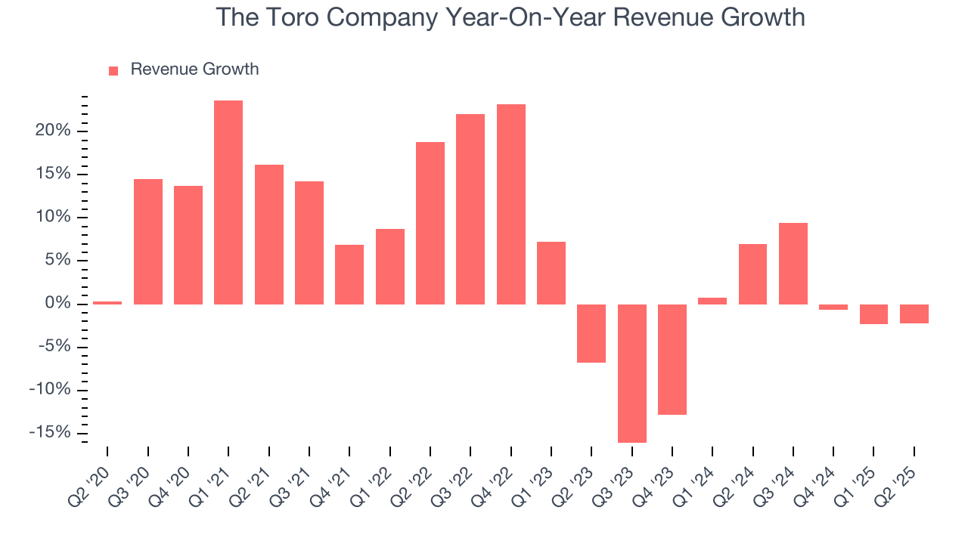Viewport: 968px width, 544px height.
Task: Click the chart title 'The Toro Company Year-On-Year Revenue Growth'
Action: pos(510,17)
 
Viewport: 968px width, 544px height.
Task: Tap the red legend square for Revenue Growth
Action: pos(113,70)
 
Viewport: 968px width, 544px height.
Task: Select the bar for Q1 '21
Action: pos(228,202)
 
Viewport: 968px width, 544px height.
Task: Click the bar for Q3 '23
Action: pos(632,373)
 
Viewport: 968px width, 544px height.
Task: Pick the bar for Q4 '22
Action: pos(511,204)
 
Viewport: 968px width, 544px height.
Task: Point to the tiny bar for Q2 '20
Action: pos(107,303)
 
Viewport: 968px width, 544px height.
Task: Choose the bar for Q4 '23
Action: pos(672,360)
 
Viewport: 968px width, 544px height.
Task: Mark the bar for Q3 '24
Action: pos(793,264)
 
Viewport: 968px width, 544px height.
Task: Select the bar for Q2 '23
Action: pos(591,333)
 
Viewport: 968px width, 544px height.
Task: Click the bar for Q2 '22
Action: pos(430,223)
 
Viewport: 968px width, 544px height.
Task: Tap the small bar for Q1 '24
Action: pos(712,301)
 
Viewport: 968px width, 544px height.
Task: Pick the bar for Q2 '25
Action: pos(914,314)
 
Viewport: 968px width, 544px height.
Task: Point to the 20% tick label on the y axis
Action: pos(54,131)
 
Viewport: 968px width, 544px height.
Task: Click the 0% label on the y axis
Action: pos(59,304)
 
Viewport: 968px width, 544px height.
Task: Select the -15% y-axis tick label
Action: pos(51,433)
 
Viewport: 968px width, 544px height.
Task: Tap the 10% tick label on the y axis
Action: pos(54,218)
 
